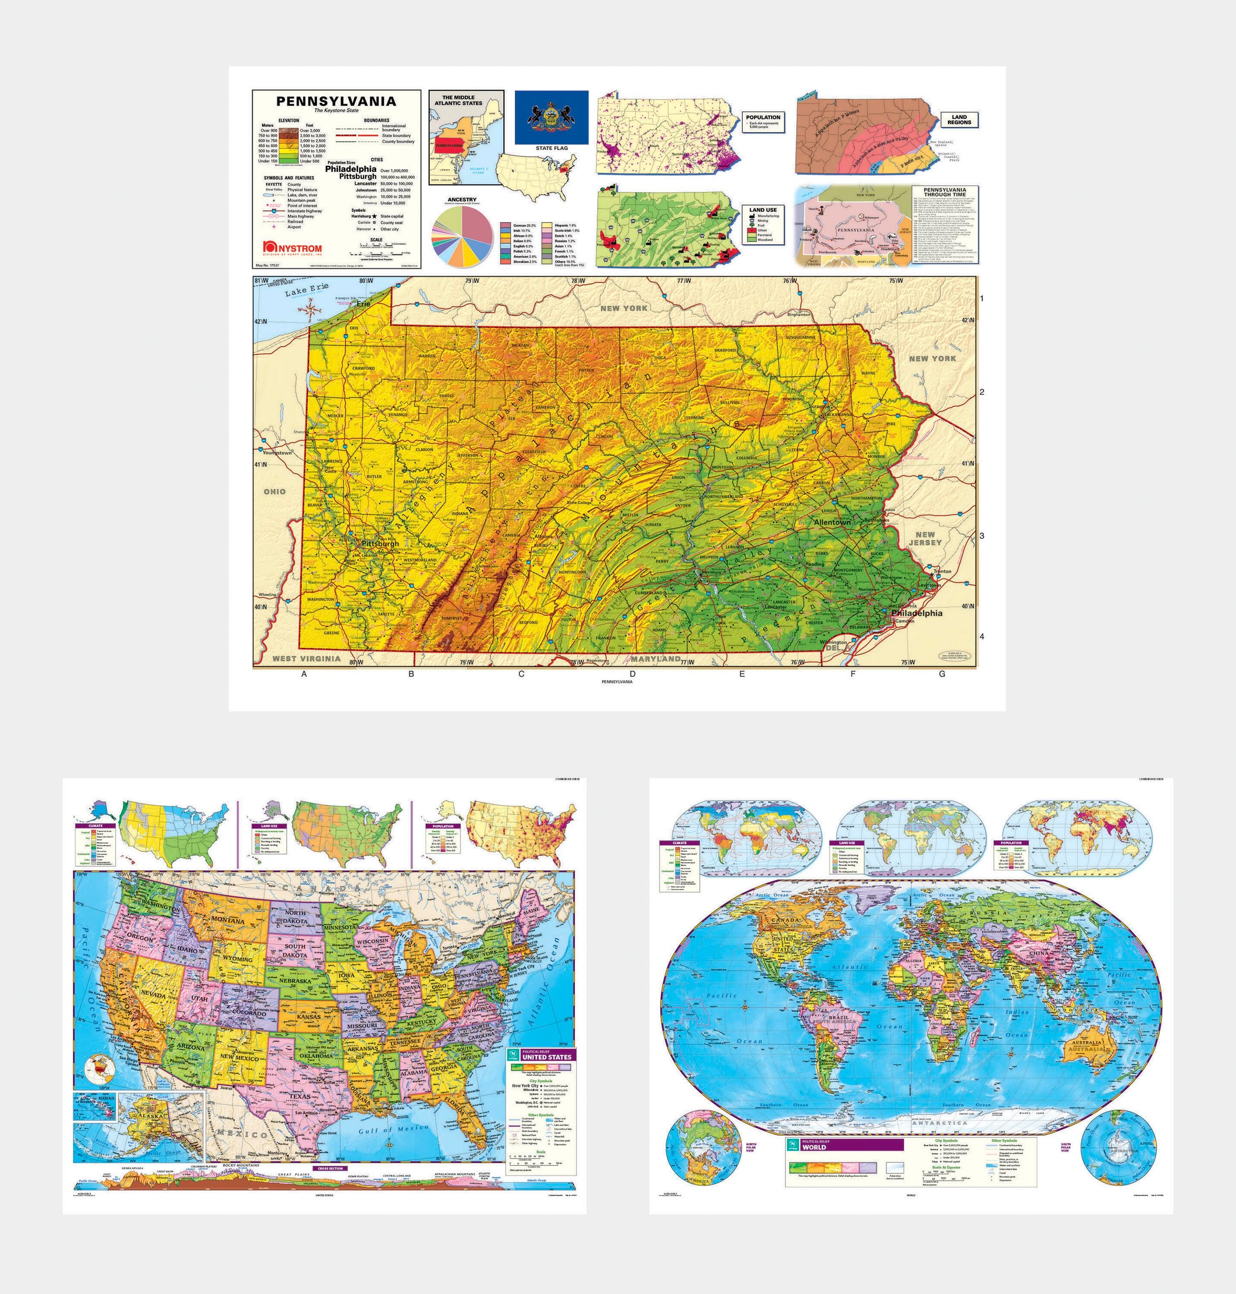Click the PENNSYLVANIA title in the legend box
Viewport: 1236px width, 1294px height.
coord(336,101)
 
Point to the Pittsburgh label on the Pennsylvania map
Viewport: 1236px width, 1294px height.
coord(380,544)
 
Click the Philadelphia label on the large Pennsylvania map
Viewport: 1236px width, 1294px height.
coord(917,612)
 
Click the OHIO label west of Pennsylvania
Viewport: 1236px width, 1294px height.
coord(275,491)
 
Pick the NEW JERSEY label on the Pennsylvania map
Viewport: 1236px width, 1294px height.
coord(924,539)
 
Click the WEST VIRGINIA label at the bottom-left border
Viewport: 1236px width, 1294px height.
coord(306,658)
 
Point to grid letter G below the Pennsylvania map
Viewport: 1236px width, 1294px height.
coord(942,674)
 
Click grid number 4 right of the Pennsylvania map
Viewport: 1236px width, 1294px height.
coord(982,636)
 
